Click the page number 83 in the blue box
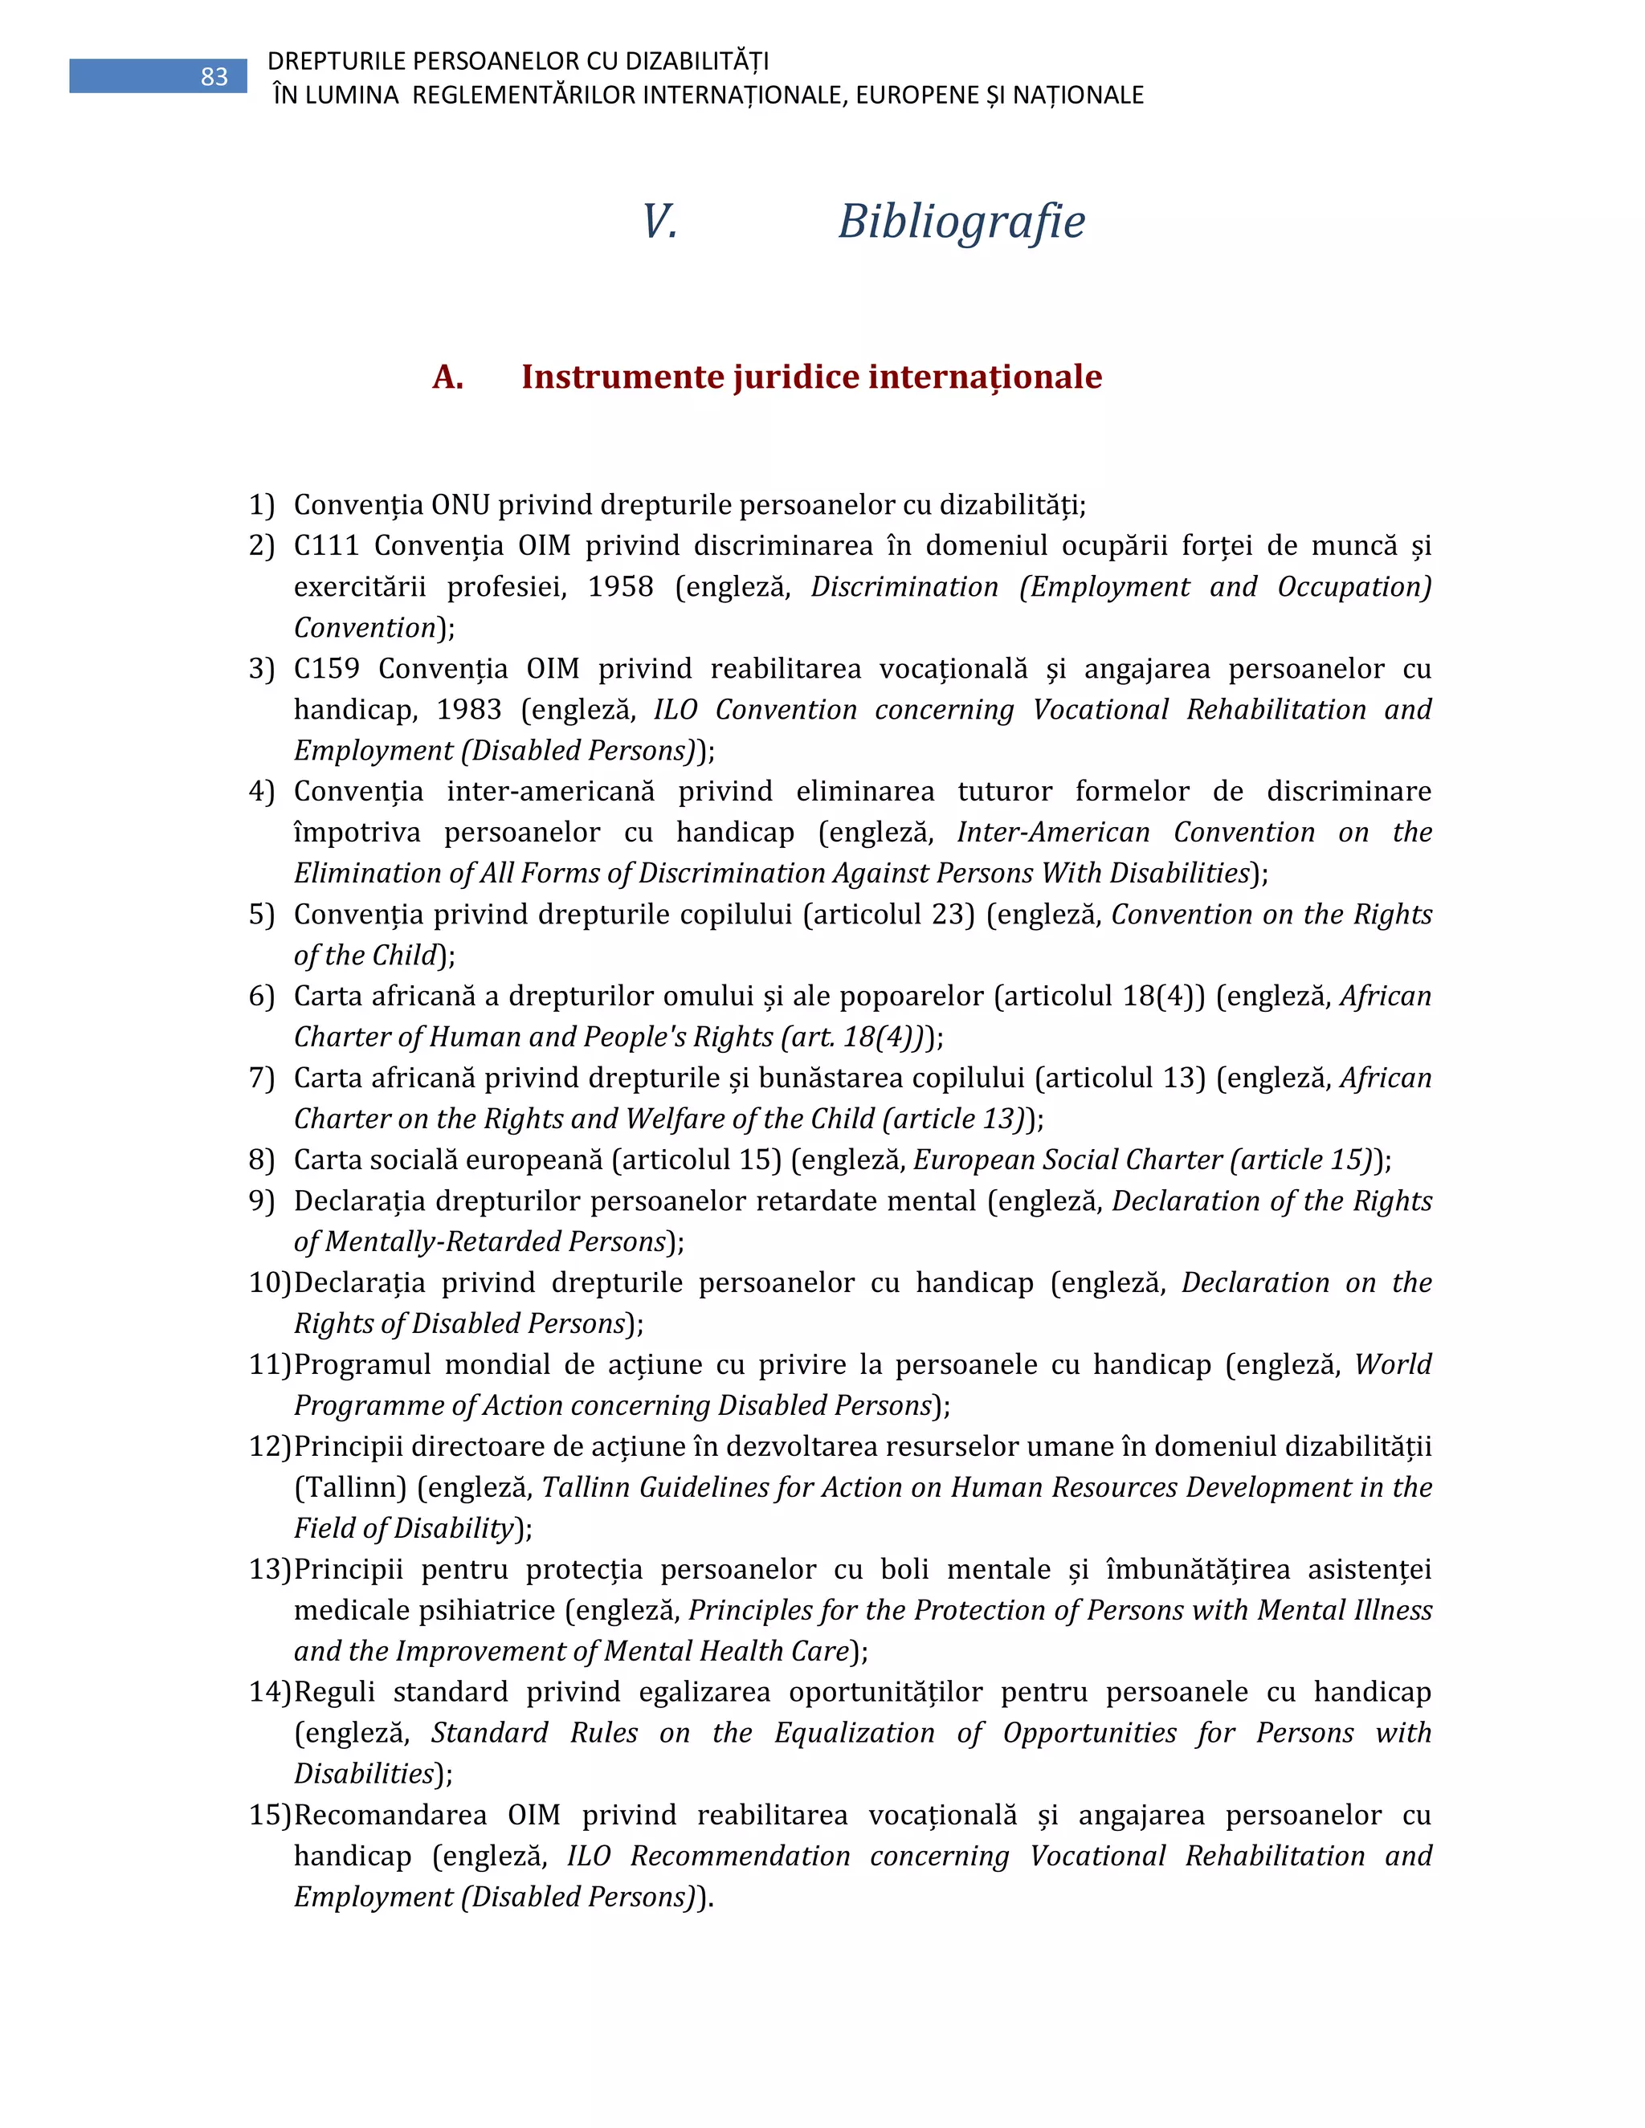214,77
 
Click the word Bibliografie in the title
961,221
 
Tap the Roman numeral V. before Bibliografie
659,221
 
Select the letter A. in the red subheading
447,377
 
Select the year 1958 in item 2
620,586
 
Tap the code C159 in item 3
326,668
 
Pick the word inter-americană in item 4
550,791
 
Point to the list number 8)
261,1160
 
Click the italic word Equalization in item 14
854,1732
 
